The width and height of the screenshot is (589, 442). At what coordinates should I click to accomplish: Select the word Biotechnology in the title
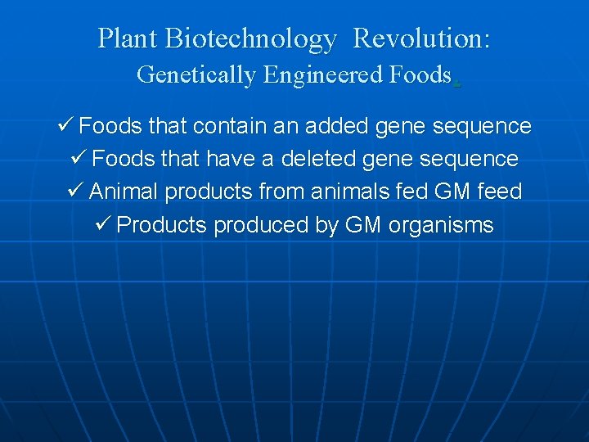click(250, 38)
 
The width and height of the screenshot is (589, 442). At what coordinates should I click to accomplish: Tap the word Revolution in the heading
click(420, 38)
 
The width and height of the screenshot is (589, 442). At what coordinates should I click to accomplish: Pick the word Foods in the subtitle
click(419, 74)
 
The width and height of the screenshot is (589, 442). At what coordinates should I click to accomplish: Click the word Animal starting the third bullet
click(124, 192)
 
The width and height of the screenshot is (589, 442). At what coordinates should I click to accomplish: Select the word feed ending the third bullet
click(500, 192)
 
